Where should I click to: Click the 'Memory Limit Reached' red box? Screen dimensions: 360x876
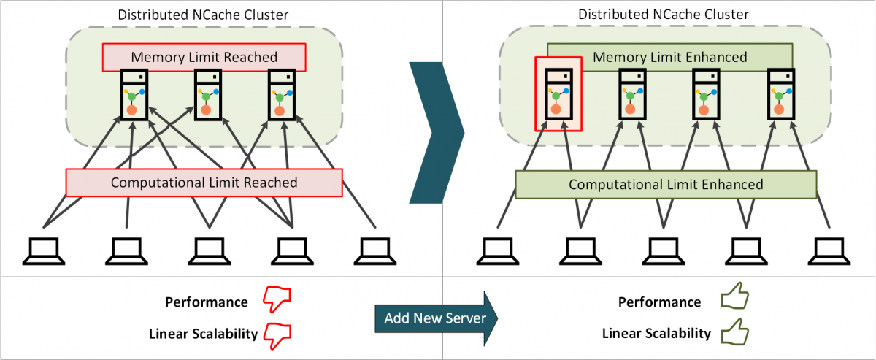[x=204, y=57]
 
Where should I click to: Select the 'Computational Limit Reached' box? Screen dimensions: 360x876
[x=204, y=183]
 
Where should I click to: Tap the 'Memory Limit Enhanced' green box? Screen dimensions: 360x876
[x=669, y=57]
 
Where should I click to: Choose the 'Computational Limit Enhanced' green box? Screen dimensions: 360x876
[x=666, y=185]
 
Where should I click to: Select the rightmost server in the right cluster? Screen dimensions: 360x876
[x=780, y=94]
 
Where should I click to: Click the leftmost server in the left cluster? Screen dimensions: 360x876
[x=133, y=94]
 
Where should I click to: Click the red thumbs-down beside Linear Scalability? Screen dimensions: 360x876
[x=277, y=334]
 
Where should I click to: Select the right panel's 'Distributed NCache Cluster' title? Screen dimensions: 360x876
[x=664, y=15]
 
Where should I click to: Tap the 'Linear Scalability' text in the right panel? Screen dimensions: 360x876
[x=656, y=334]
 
